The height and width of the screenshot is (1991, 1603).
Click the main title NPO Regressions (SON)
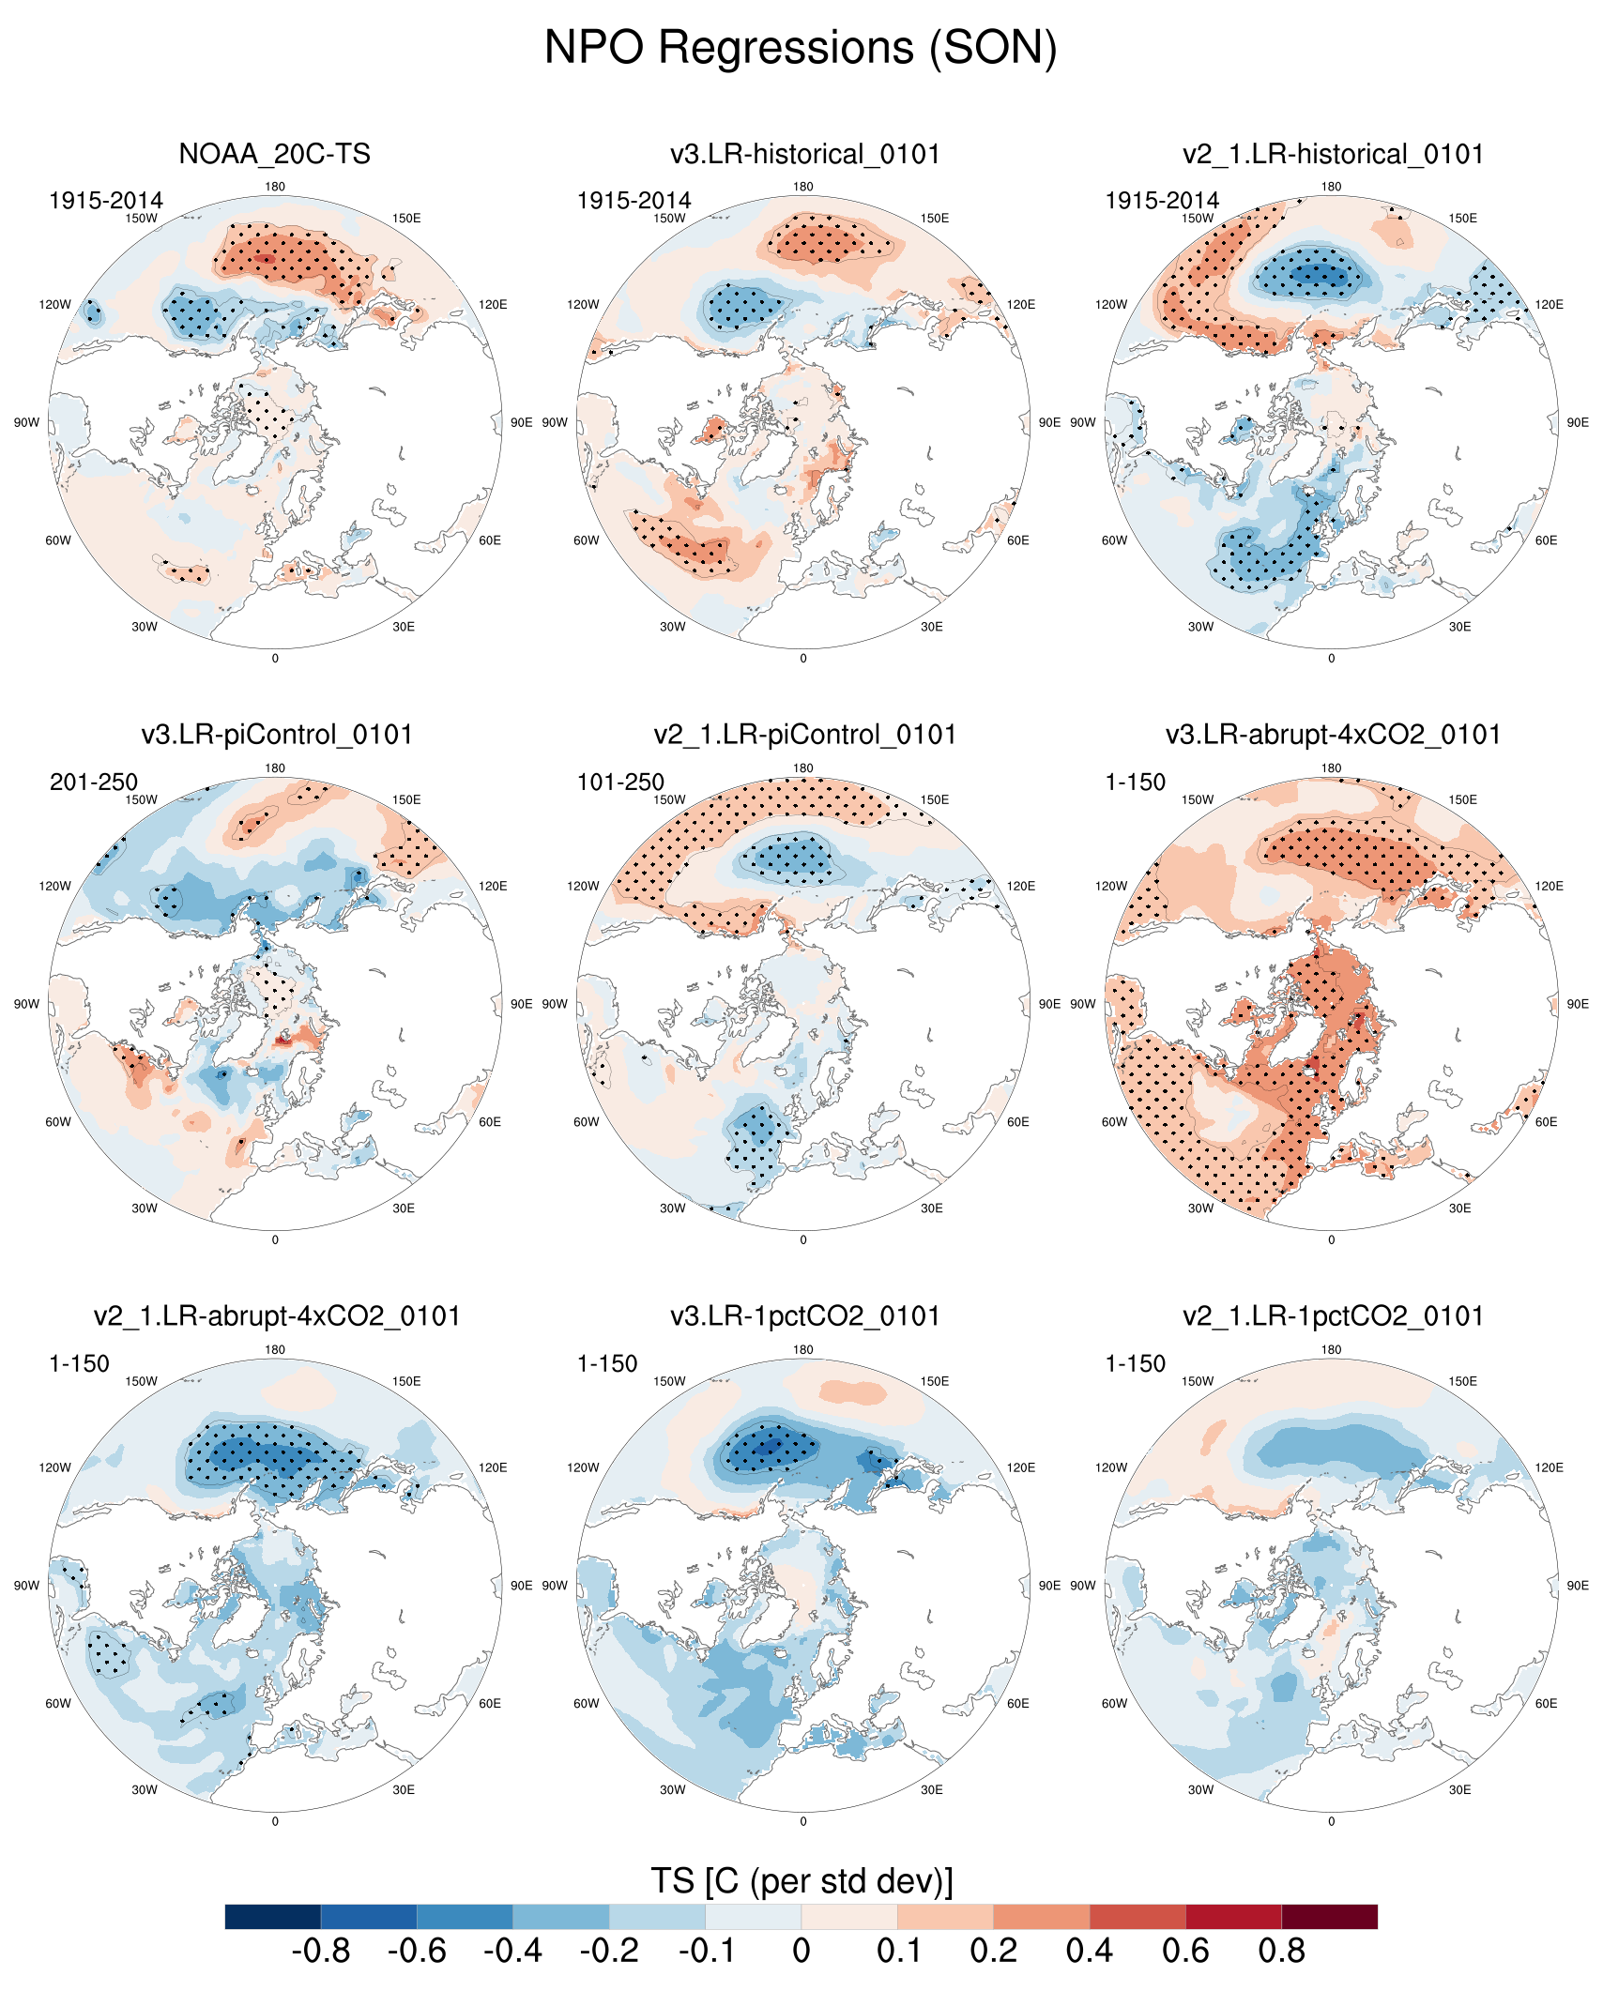[x=801, y=47]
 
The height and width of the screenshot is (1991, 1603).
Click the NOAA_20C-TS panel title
[x=274, y=154]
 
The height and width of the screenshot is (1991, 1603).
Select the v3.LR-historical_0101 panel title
[x=804, y=154]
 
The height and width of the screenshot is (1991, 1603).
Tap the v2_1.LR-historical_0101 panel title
[x=1333, y=154]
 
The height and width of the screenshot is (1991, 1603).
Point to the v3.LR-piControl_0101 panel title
[x=277, y=735]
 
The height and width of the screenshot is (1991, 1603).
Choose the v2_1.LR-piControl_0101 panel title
[x=804, y=735]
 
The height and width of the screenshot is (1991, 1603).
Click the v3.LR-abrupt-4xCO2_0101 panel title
[x=1333, y=735]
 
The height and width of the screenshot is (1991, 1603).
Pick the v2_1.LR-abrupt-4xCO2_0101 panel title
[x=277, y=1316]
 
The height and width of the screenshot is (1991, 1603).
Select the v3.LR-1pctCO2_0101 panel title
[x=804, y=1316]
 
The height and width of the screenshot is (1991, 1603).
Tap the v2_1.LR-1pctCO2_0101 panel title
[x=1333, y=1316]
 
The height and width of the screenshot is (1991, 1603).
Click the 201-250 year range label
[x=94, y=782]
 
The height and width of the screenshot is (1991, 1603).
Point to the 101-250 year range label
[x=620, y=782]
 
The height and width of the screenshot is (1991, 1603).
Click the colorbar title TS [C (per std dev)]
[x=801, y=1881]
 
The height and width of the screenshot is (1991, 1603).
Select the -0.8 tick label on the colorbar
[x=321, y=1952]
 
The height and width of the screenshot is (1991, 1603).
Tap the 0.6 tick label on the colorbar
[x=1185, y=1952]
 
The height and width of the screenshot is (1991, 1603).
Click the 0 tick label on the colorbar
[x=801, y=1952]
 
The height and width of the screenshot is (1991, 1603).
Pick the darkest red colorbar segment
[x=1329, y=1916]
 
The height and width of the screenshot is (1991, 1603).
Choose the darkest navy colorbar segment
[x=273, y=1916]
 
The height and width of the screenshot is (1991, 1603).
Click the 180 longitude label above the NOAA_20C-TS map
[x=275, y=187]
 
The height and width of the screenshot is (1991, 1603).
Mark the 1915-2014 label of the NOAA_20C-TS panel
[x=106, y=201]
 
